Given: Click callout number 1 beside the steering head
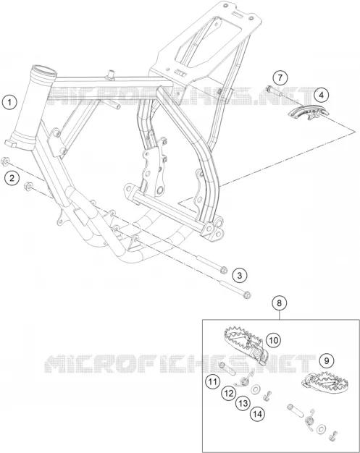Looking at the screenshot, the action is (x=9, y=102).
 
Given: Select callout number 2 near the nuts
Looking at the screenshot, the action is (x=12, y=178).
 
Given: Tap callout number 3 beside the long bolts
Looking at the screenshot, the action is (x=240, y=275).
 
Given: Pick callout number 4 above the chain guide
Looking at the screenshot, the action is (x=322, y=95).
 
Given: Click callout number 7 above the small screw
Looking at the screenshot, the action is (x=280, y=77).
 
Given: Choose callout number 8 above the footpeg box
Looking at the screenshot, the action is (x=279, y=303).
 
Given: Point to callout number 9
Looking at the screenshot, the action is (x=327, y=360).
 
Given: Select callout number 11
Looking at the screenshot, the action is (x=213, y=382).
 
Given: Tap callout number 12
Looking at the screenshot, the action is (x=229, y=393).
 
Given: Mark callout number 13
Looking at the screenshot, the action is (x=243, y=403).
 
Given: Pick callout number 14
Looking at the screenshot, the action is (x=258, y=415).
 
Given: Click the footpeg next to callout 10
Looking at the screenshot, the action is (x=247, y=344).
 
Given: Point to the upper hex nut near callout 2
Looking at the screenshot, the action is (x=5, y=161).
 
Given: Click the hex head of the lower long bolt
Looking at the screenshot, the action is (x=247, y=295).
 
